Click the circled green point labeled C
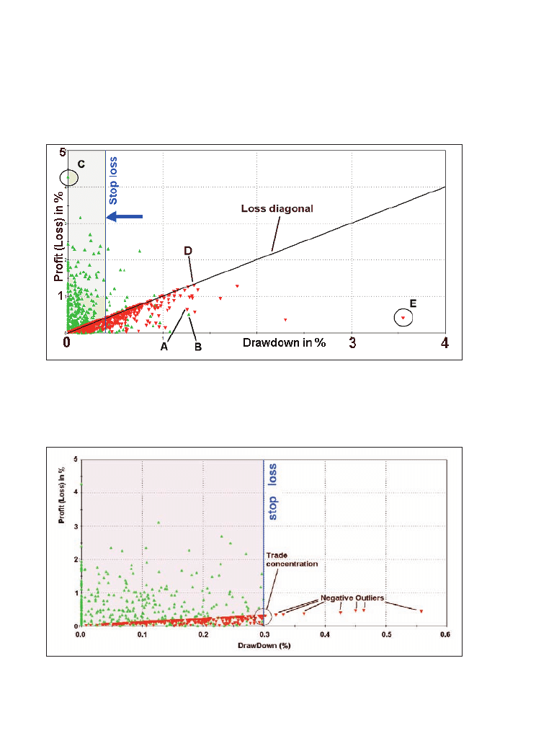tap(68, 176)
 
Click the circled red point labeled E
tap(403, 318)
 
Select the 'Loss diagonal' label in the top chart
tap(277, 208)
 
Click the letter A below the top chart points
tap(164, 347)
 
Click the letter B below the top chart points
tap(197, 347)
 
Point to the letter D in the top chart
tap(187, 251)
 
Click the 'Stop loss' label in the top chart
tap(113, 181)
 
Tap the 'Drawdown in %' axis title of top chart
tap(284, 342)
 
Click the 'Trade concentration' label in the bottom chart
tap(291, 559)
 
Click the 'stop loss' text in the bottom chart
tap(272, 492)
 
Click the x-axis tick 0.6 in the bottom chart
tap(445, 636)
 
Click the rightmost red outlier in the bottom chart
tap(421, 611)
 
